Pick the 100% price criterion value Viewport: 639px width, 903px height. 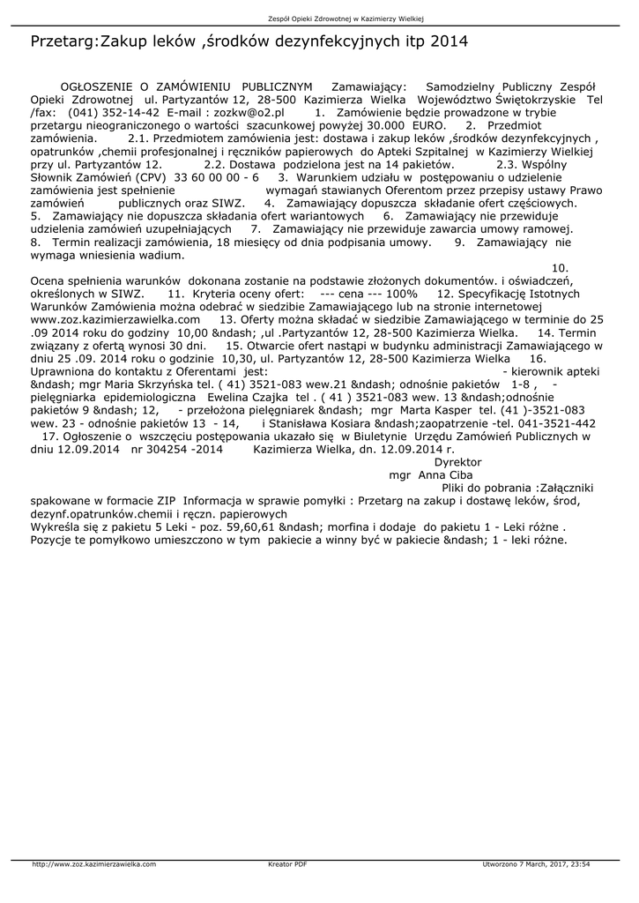tap(401, 293)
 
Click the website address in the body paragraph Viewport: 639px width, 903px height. tap(115, 318)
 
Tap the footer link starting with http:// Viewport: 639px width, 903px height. tap(94, 864)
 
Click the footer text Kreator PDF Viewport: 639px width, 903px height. tap(287, 864)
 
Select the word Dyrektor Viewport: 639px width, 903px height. tap(458, 461)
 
